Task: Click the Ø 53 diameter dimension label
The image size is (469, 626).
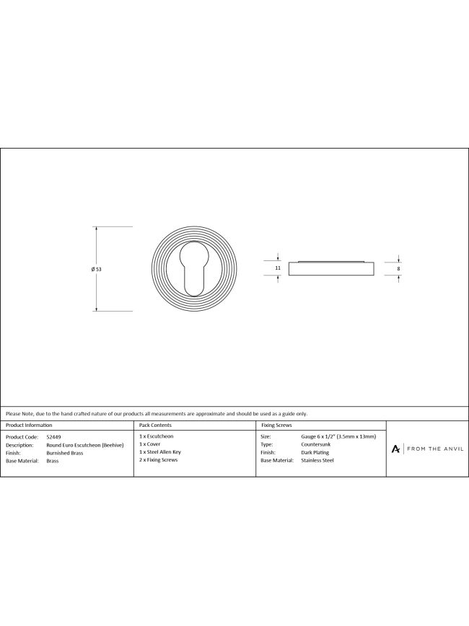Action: (97, 268)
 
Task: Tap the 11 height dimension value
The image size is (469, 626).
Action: (278, 268)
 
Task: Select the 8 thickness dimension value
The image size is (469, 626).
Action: (399, 268)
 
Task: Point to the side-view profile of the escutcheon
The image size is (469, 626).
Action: (331, 268)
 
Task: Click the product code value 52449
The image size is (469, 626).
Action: (53, 437)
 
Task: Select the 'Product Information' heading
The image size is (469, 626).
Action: (29, 426)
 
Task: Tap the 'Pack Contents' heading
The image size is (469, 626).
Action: (154, 426)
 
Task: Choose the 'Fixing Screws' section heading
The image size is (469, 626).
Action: (276, 426)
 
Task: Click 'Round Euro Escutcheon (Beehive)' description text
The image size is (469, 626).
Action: (85, 445)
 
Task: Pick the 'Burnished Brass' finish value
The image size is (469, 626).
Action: (65, 452)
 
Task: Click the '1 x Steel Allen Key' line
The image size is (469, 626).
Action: (160, 452)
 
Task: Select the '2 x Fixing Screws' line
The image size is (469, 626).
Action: (158, 459)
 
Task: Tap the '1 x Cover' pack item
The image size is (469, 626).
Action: (150, 444)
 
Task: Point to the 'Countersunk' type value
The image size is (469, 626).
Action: (317, 445)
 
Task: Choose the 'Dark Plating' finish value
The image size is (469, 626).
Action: (315, 452)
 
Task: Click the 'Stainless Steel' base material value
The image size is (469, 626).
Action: (317, 459)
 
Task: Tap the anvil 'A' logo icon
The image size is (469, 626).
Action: (395, 449)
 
